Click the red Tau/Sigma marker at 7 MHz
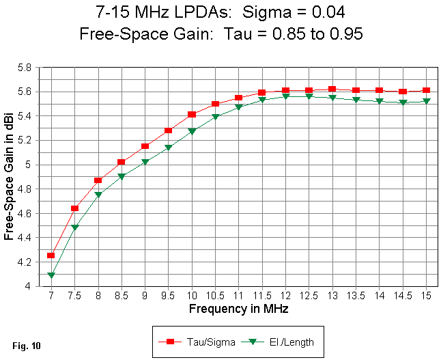(51, 255)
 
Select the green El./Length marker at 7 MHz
(51, 275)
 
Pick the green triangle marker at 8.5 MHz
(122, 176)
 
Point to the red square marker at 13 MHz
(332, 89)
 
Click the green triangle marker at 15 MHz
(427, 101)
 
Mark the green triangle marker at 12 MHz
(285, 96)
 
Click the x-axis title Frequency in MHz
(239, 309)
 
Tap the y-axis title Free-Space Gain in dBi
(10, 176)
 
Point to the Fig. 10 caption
(27, 346)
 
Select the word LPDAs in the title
(196, 12)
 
